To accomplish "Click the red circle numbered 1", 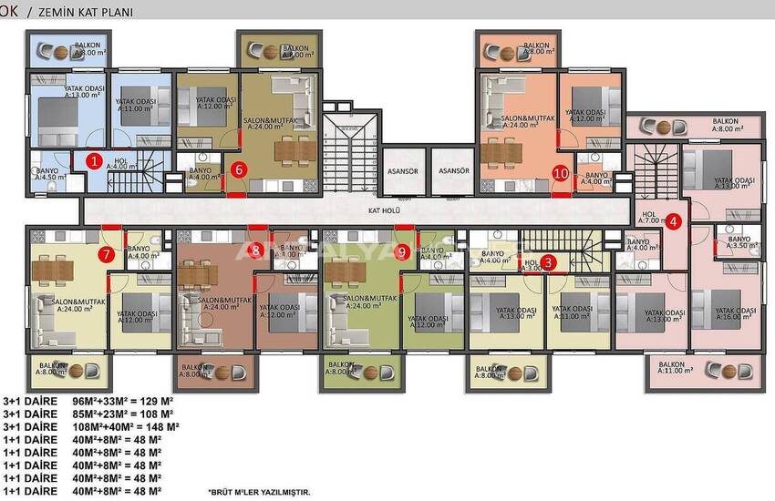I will pyautogui.click(x=93, y=161).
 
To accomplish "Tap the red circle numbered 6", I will pyautogui.click(x=238, y=169).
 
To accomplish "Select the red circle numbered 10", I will pyautogui.click(x=561, y=172).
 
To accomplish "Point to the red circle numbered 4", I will pyautogui.click(x=673, y=220).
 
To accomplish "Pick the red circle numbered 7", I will pyautogui.click(x=107, y=254).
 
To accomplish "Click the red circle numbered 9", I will pyautogui.click(x=402, y=252).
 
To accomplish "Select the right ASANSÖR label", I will pyautogui.click(x=453, y=170).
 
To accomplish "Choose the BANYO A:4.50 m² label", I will pyautogui.click(x=48, y=172).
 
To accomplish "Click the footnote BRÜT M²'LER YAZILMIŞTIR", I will pyautogui.click(x=259, y=491).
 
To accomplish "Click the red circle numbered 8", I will pyautogui.click(x=256, y=249).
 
